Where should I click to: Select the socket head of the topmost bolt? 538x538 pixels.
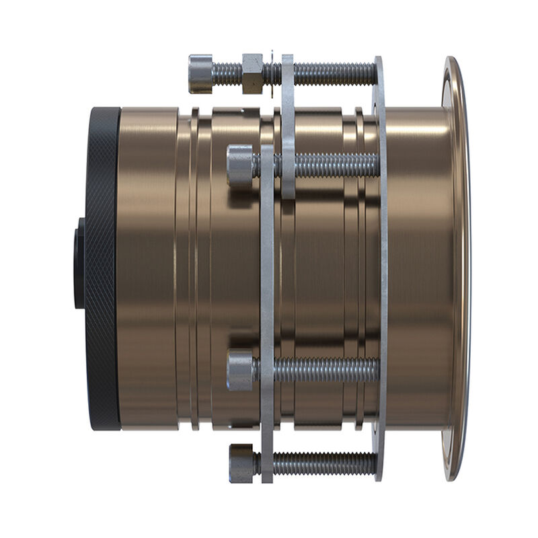[x=200, y=73]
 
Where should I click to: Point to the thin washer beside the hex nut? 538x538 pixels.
[x=271, y=73]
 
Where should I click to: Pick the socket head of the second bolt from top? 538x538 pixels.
[x=239, y=165]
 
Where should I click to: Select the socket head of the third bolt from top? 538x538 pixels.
[x=239, y=369]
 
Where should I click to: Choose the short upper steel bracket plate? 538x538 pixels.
[x=288, y=128]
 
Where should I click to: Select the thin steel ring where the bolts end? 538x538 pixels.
[x=381, y=269]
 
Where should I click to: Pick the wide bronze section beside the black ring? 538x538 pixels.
[x=148, y=269]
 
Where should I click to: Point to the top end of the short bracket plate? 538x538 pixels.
[x=288, y=61]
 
